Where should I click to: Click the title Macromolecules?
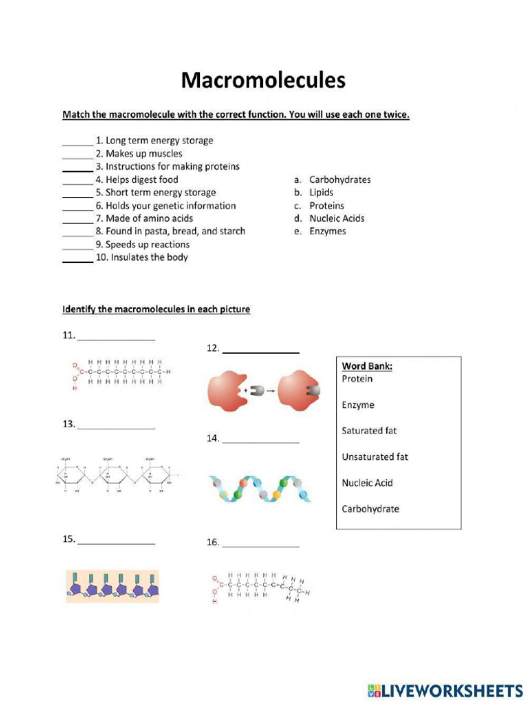click(263, 81)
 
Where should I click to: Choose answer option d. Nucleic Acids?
click(330, 218)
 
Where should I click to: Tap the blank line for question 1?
click(77, 144)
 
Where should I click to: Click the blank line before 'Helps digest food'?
click(77, 183)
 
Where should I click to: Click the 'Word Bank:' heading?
click(367, 366)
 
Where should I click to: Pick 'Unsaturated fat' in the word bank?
click(375, 457)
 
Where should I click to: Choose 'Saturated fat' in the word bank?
click(369, 431)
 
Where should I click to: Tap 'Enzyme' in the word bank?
click(358, 405)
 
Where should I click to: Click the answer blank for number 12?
click(261, 352)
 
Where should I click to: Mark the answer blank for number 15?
click(116, 543)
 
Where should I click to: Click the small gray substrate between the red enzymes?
click(256, 391)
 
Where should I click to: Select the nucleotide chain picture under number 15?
click(112, 586)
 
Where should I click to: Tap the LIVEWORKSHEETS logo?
click(444, 689)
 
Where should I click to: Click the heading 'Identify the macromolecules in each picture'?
click(156, 309)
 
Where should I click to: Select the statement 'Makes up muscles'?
click(144, 153)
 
